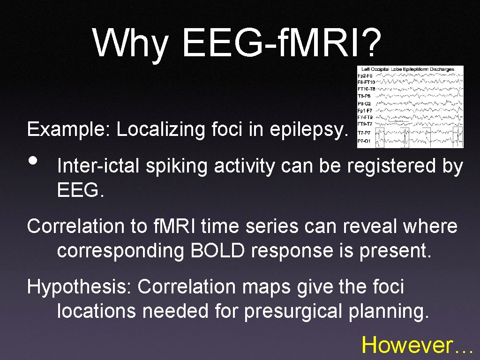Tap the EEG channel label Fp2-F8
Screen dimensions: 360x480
[x=365, y=75]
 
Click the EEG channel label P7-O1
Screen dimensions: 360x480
[x=364, y=141]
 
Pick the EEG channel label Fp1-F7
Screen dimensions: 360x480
[x=365, y=110]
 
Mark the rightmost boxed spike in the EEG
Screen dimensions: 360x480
[x=457, y=136]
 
